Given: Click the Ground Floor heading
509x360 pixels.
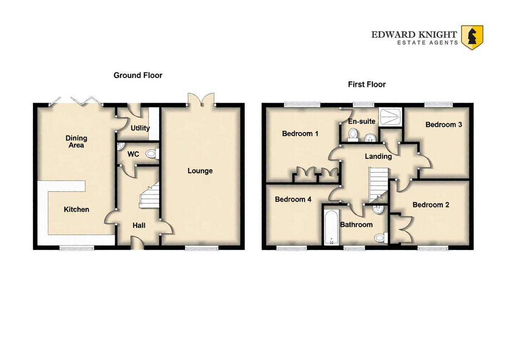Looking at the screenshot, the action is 138,75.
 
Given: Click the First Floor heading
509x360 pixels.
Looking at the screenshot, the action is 367,84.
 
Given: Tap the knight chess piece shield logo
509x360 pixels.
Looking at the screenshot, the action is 472,37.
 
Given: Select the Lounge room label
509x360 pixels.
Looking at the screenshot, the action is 200,171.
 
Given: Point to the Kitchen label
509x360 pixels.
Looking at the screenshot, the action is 76,209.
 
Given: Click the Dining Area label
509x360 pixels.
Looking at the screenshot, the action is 76,141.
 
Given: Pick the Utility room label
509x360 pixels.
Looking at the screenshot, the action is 140,128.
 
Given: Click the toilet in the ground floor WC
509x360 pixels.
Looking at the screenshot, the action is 152,154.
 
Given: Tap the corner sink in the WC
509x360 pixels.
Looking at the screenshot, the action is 120,146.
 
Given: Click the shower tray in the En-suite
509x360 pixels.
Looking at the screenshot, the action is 390,117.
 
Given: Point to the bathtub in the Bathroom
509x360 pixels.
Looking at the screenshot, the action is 332,228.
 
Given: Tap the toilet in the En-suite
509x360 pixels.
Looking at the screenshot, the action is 353,135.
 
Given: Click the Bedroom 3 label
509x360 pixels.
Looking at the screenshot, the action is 444,125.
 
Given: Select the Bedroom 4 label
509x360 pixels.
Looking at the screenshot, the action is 293,200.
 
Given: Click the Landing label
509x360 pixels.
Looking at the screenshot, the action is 378,157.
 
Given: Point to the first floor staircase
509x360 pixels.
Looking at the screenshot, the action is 378,186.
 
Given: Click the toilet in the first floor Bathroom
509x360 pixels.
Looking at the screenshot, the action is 381,238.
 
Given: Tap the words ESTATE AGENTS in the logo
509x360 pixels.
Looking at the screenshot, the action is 428,42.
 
